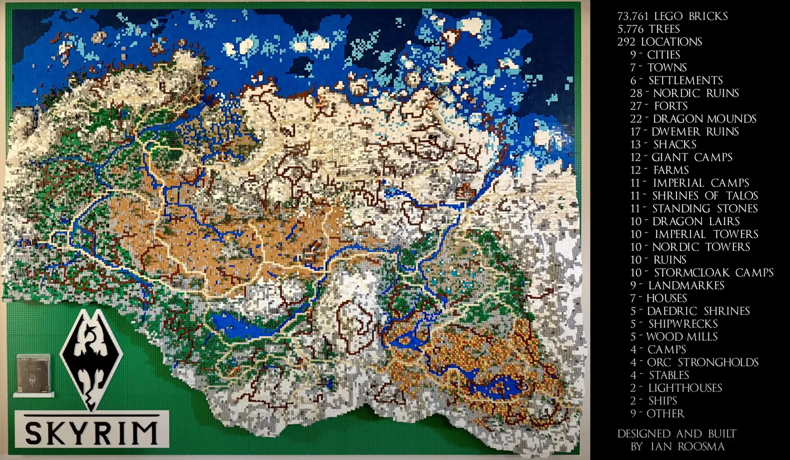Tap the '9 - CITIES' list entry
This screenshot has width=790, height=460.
click(x=655, y=55)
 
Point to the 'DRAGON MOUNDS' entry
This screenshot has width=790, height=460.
click(x=704, y=119)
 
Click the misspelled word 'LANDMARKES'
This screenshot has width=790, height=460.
click(x=686, y=285)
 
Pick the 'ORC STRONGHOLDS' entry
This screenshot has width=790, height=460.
click(x=702, y=362)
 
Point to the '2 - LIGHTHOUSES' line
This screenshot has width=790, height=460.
click(x=676, y=388)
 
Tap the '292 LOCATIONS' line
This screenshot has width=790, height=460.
click(x=659, y=42)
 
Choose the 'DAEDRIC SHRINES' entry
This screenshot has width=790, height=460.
click(x=698, y=311)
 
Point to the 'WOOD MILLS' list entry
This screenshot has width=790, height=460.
click(x=682, y=337)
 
